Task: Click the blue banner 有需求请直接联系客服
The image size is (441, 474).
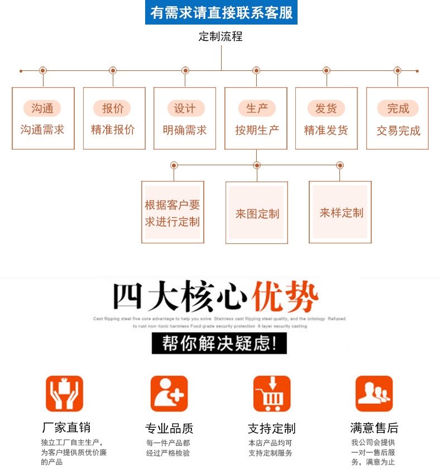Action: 221,12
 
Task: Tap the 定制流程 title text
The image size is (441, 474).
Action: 220,37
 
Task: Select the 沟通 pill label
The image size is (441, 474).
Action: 42,108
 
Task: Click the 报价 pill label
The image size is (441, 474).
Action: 113,108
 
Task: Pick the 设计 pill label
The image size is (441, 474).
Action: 185,108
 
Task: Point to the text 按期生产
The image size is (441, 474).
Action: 257,130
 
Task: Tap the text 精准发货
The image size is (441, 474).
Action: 326,130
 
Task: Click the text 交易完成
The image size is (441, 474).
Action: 398,131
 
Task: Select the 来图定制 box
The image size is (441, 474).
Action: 257,213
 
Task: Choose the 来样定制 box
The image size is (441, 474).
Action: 341,212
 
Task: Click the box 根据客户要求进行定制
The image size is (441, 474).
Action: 172,213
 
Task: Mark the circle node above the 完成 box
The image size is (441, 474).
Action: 397,70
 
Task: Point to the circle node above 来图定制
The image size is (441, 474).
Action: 257,165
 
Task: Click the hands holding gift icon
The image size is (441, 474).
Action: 65,394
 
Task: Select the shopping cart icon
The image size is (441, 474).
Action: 272,394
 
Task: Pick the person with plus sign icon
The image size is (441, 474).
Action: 169,394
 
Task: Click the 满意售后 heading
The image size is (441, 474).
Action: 374,428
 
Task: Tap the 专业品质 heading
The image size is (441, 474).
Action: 169,429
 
